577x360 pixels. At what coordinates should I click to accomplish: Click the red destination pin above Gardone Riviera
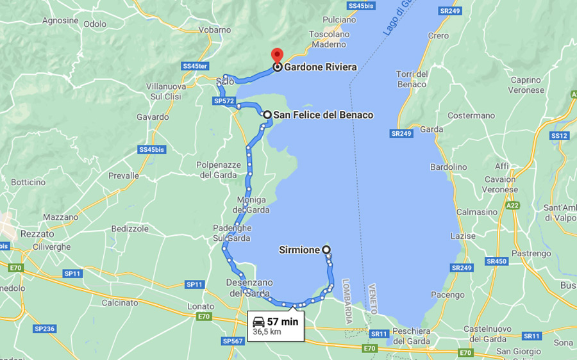276,54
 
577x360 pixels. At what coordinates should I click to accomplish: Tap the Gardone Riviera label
320,67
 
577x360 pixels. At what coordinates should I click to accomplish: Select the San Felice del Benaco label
323,115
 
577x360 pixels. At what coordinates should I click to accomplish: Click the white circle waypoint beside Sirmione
326,250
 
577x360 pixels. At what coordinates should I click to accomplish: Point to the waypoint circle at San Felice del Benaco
267,115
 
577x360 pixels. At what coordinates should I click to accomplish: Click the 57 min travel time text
283,322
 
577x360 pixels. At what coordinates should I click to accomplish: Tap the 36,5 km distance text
267,332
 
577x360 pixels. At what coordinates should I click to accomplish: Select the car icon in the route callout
258,322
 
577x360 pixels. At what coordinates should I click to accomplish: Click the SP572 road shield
224,101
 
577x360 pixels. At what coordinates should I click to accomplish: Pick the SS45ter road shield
195,66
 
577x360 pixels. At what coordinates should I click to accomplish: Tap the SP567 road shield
233,341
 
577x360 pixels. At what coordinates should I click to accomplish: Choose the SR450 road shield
496,261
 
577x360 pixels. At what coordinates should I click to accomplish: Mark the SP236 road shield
44,329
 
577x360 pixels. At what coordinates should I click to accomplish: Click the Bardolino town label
448,167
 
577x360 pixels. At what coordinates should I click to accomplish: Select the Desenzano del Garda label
249,288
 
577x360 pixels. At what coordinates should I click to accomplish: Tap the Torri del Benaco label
412,79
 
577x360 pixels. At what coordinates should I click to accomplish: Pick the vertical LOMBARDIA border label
348,300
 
